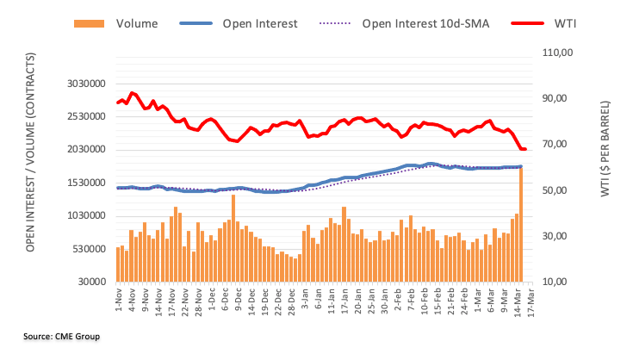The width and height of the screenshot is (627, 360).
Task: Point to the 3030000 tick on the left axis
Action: (x=86, y=84)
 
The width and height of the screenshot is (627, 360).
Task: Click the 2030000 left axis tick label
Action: (x=86, y=150)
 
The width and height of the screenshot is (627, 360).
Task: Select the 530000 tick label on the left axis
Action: (x=90, y=250)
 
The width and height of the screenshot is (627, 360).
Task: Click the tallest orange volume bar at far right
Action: (x=522, y=224)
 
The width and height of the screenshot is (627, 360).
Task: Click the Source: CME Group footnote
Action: (x=62, y=336)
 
